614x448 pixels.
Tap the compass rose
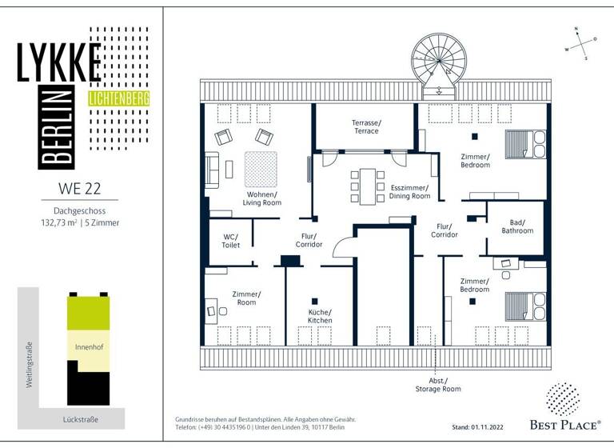pyautogui.click(x=580, y=43)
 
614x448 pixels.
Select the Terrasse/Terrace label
pyautogui.click(x=366, y=126)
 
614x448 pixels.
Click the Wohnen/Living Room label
pyautogui.click(x=261, y=198)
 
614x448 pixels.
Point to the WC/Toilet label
pyautogui.click(x=231, y=240)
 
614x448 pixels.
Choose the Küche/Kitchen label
pyautogui.click(x=320, y=316)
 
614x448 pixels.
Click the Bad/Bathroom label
pyautogui.click(x=517, y=226)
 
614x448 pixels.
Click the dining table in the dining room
pyautogui.click(x=367, y=186)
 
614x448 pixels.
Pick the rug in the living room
pyautogui.click(x=260, y=168)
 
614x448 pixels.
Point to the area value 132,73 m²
pyautogui.click(x=62, y=222)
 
